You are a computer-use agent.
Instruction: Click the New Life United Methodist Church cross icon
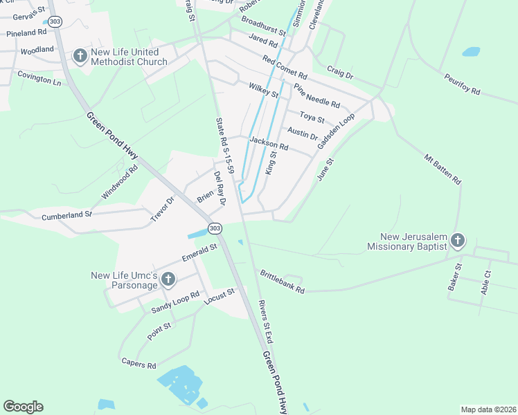coord(80,56)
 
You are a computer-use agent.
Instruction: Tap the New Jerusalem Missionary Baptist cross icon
coord(457,241)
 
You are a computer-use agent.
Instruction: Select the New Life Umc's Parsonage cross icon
coord(168,280)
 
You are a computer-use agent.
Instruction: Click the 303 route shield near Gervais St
coord(55,22)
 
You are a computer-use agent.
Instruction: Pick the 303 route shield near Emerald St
coord(215,228)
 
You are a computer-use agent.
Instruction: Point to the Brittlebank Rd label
coord(282,282)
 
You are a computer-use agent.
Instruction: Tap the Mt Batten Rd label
coord(443,168)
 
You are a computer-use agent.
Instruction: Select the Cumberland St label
coord(66,216)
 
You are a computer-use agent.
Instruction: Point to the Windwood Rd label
coord(120,182)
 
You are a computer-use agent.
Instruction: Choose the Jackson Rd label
coord(269,143)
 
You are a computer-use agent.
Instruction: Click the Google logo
coord(23,407)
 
